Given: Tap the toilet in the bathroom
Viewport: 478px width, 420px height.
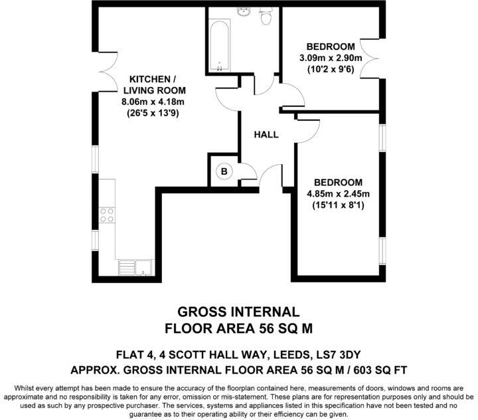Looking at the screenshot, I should click(x=266, y=17).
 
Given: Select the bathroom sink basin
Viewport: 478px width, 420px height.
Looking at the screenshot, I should click(x=244, y=12).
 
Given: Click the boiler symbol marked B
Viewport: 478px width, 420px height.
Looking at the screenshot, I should click(x=224, y=171).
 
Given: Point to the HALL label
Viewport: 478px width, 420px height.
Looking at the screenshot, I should click(x=266, y=135).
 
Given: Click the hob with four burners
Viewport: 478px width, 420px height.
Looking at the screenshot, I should click(x=106, y=215).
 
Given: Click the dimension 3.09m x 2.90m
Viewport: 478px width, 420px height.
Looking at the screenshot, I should click(x=330, y=58).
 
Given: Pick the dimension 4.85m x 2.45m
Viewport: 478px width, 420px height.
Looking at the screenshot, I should click(x=338, y=194).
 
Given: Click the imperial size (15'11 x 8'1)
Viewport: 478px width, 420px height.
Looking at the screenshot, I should click(x=338, y=205).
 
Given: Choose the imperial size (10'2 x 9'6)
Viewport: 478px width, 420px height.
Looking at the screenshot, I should click(x=330, y=68).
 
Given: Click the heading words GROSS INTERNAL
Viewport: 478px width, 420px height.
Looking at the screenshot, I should click(x=239, y=311).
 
